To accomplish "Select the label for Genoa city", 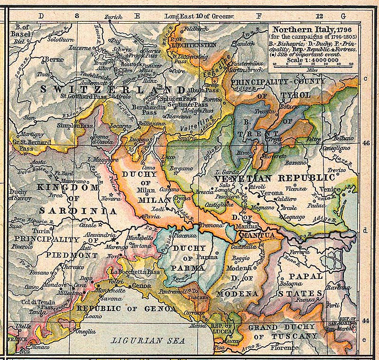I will [x=141, y=286].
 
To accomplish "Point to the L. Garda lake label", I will [x=226, y=172].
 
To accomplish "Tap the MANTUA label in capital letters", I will [x=259, y=236].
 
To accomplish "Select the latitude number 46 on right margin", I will [x=366, y=142].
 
